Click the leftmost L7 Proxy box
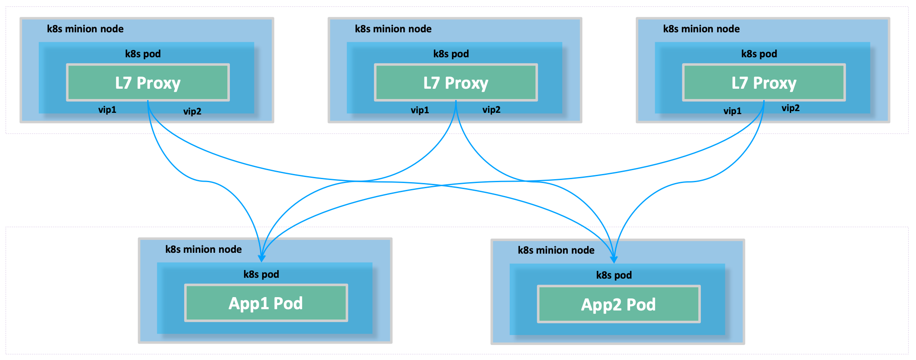[148, 83]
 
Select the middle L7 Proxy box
[456, 83]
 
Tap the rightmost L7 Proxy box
[764, 83]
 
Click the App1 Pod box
[266, 303]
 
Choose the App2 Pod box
[619, 304]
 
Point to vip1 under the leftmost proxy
[107, 110]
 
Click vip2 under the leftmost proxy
[192, 112]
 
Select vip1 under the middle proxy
[420, 110]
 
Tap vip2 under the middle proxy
[492, 110]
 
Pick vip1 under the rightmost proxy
[732, 111]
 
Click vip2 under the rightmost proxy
[791, 108]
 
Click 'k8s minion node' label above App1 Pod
[204, 249]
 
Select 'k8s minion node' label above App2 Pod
[556, 250]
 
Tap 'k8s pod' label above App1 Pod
[261, 274]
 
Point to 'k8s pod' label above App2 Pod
[614, 275]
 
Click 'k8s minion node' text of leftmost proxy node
[85, 29]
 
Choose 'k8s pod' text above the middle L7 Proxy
[451, 54]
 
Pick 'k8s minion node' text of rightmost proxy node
[702, 29]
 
